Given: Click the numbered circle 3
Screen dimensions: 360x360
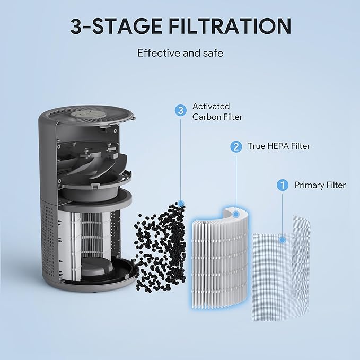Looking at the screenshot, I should pyautogui.click(x=181, y=110).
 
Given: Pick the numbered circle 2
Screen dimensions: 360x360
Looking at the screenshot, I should pyautogui.click(x=235, y=146).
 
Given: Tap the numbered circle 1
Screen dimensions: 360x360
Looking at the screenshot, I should pyautogui.click(x=283, y=185).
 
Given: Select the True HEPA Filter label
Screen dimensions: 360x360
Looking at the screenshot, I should pyautogui.click(x=278, y=146).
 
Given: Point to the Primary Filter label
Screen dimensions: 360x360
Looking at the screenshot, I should pyautogui.click(x=320, y=185).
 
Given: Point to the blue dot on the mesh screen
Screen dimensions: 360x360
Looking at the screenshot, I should pyautogui.click(x=283, y=240).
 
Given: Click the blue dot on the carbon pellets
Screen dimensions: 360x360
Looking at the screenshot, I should pyautogui.click(x=181, y=203).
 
